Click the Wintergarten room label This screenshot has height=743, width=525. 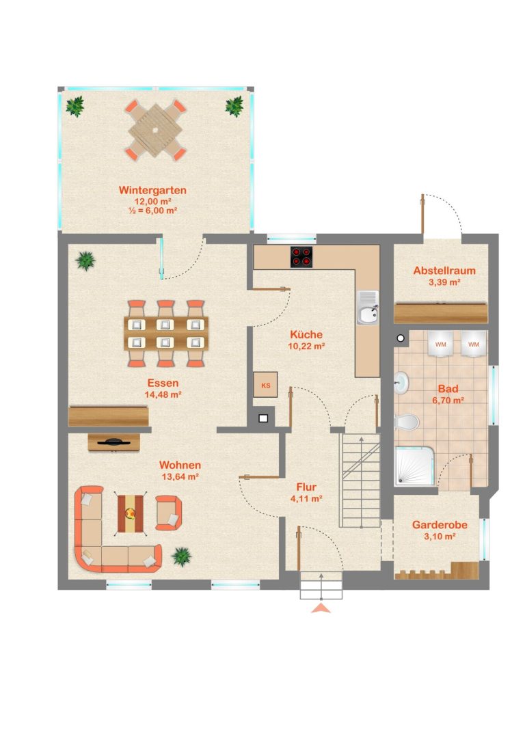[x=152, y=191]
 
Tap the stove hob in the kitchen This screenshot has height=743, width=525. [x=301, y=257]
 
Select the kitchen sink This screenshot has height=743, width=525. [x=368, y=308]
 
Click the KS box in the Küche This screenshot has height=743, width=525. [x=265, y=385]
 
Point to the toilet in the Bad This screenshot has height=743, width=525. [x=407, y=421]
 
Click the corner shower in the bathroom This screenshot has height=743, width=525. [x=414, y=465]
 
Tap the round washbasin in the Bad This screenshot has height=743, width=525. [x=401, y=382]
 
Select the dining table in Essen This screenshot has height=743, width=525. [x=166, y=334]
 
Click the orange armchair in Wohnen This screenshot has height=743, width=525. [x=168, y=513]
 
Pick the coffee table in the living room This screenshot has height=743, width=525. [x=131, y=513]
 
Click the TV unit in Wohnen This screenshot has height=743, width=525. [x=113, y=442]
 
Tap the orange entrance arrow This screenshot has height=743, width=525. [x=321, y=608]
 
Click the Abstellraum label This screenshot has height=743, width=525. [x=444, y=271]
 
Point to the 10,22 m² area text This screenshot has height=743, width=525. [x=306, y=347]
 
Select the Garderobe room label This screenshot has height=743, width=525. [x=440, y=525]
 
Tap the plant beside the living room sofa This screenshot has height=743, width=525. [x=181, y=556]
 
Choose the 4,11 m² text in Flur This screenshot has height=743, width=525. [x=306, y=499]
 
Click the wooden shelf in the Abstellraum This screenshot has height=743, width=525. [x=441, y=313]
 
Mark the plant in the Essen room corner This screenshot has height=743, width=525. [x=85, y=260]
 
